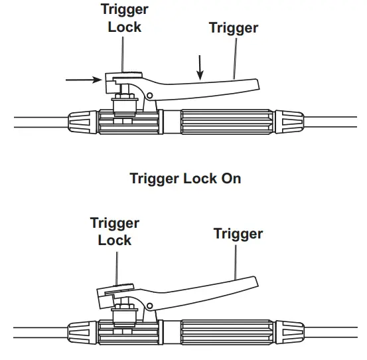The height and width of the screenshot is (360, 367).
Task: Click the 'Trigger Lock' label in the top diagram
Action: pos(124,19)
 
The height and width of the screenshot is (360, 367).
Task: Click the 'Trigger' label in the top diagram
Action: pos(233,27)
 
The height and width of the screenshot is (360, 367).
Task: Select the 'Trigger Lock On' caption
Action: pos(185,179)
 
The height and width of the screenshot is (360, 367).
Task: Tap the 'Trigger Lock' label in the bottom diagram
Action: pos(115,231)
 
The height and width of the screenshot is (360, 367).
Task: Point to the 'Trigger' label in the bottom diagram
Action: pos(238,234)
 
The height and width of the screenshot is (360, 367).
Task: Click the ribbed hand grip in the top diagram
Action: pos(226,123)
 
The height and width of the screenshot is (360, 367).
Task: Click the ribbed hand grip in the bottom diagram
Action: pos(226,329)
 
